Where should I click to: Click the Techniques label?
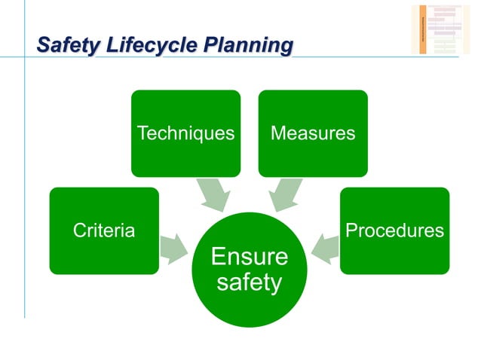point(185,133)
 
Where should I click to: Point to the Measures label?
point(312,133)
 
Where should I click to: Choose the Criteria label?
point(104,230)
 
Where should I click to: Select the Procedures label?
point(394,230)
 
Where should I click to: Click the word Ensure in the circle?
point(249,257)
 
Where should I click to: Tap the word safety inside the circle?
point(249,283)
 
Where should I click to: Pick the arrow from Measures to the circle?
point(285,194)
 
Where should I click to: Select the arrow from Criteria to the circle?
point(174,248)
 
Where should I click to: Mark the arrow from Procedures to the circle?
point(325,248)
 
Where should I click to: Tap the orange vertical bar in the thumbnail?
point(423,29)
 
